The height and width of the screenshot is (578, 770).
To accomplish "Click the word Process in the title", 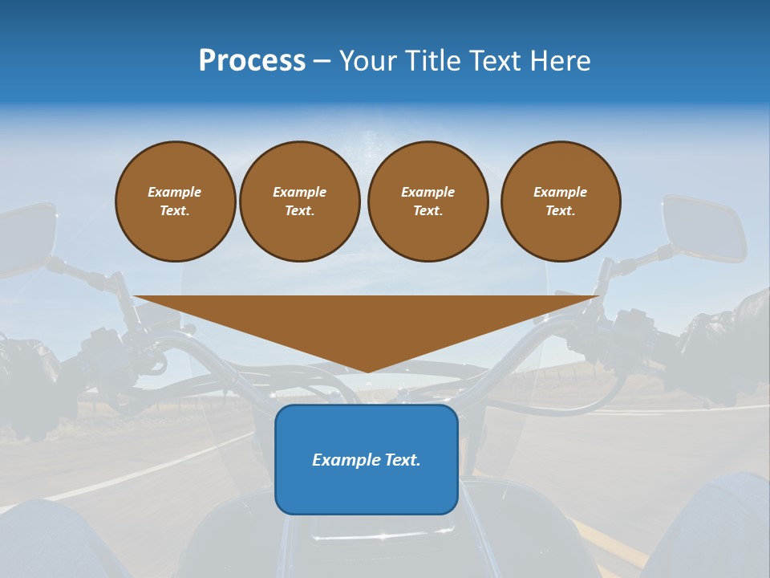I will click(252, 61).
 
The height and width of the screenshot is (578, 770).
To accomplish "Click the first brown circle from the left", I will click(175, 201).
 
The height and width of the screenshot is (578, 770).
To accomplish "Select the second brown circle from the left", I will click(299, 201).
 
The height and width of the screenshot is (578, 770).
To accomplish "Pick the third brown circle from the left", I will click(428, 201).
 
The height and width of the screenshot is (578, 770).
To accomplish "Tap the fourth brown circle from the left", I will click(560, 201).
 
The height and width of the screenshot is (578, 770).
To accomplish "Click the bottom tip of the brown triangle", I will click(367, 370).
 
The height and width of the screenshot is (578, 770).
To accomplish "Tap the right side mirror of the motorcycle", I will click(704, 229).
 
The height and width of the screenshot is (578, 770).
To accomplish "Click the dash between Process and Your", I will click(322, 61).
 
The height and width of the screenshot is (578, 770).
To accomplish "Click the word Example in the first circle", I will click(175, 192).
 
